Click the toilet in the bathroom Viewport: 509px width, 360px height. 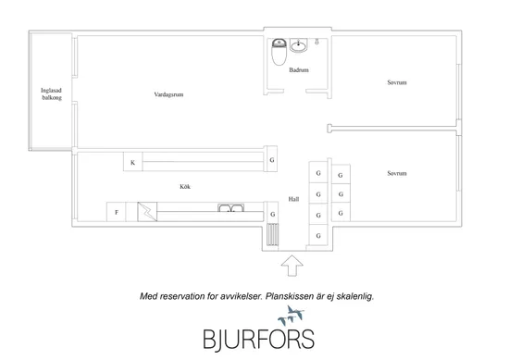[x=279, y=52]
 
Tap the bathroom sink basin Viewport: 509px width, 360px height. [x=299, y=45]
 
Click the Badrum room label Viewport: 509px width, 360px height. [x=299, y=69]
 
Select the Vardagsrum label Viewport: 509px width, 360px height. [x=168, y=94]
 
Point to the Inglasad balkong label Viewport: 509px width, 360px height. [x=51, y=93]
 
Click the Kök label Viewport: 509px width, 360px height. [x=185, y=187]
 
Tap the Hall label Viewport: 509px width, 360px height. [x=293, y=199]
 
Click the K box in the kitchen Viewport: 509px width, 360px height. [x=132, y=162]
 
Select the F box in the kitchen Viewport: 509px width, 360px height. [x=117, y=212]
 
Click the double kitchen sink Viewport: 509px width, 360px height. [x=230, y=207]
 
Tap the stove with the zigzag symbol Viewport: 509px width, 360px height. [x=147, y=212]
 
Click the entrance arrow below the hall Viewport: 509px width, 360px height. [x=292, y=266]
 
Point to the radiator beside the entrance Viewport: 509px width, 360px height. [x=273, y=234]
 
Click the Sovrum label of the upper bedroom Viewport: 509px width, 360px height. [x=397, y=82]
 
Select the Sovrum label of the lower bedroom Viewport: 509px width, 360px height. [x=397, y=173]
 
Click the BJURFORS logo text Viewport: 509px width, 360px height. [x=259, y=340]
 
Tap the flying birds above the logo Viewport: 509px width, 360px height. [x=291, y=316]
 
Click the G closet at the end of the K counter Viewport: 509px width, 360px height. [x=272, y=159]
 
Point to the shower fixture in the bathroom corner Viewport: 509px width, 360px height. [x=317, y=42]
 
